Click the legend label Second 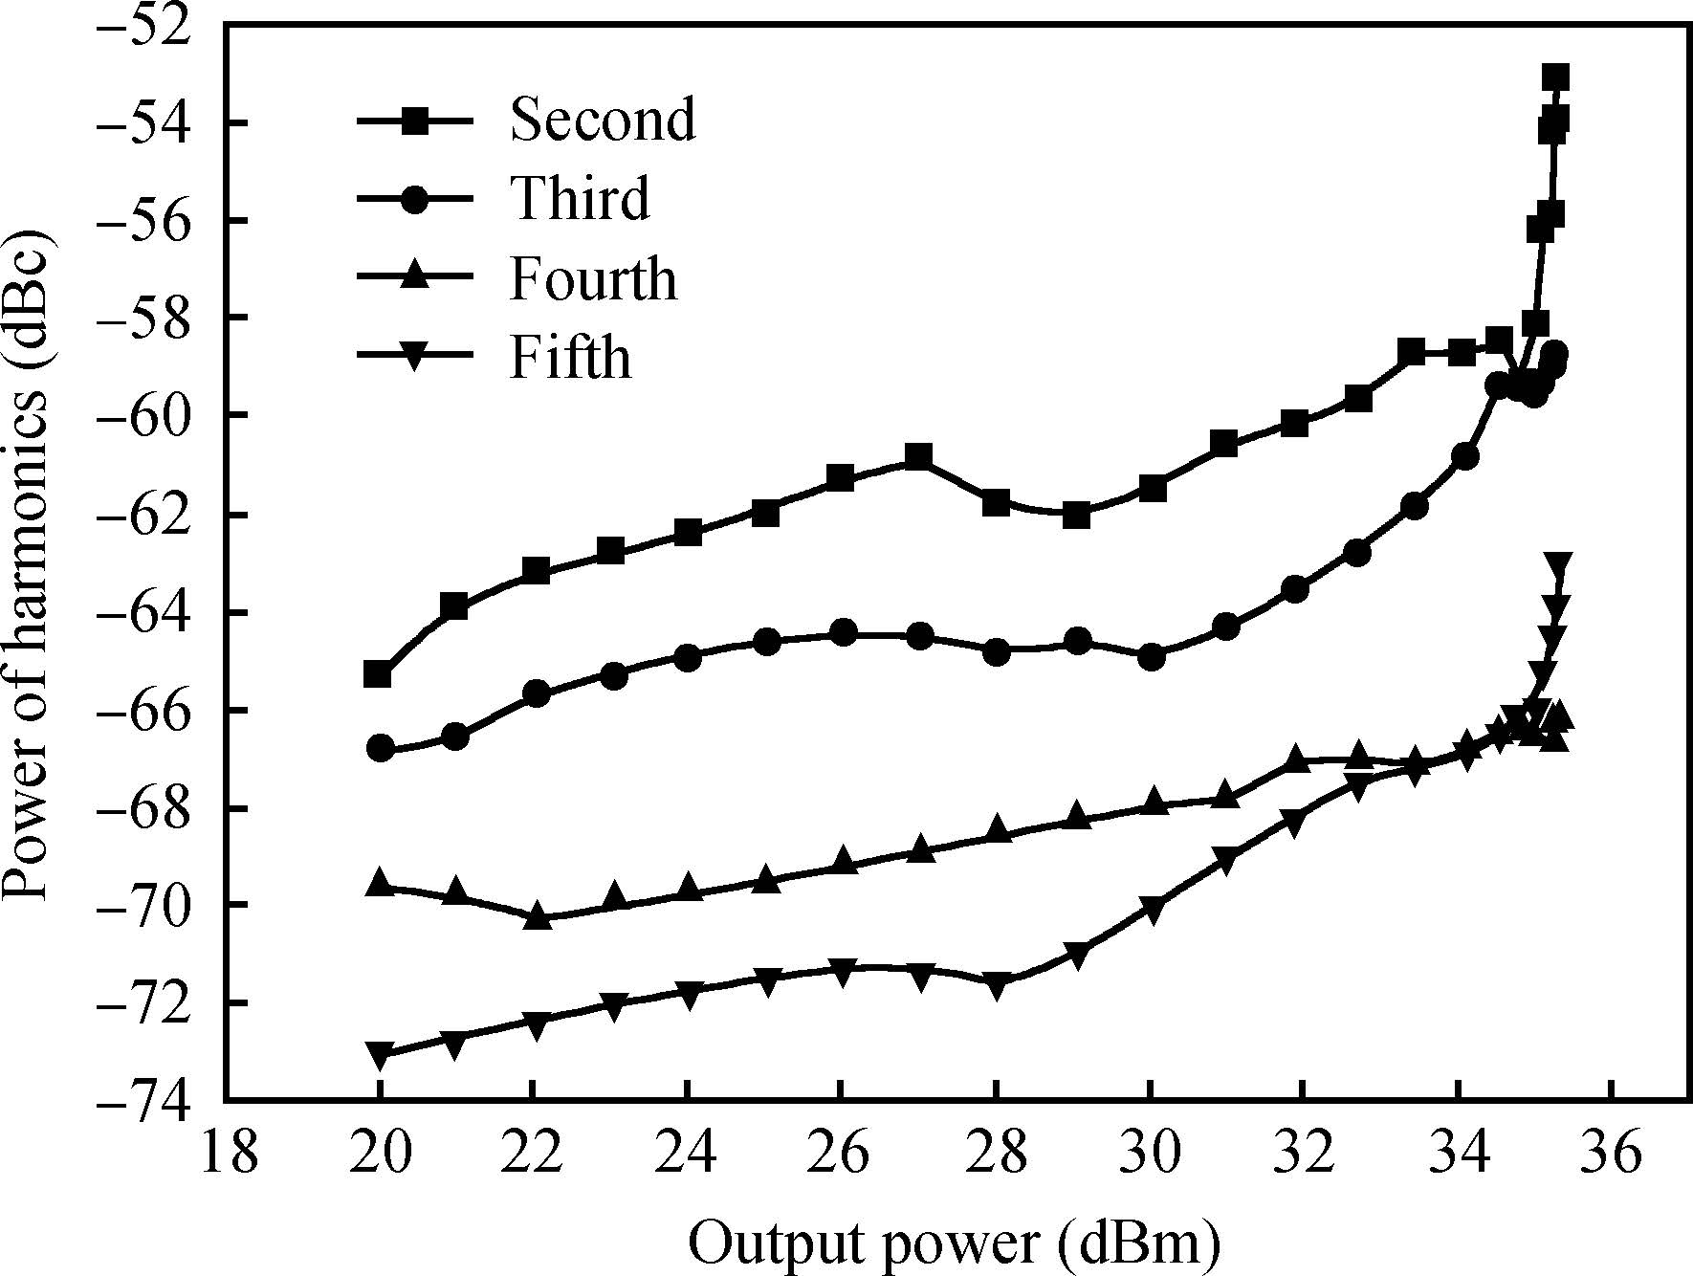(603, 120)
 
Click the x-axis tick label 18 (230, 1154)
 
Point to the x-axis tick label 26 (841, 1154)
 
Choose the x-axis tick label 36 (1613, 1154)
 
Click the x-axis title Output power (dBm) (955, 1243)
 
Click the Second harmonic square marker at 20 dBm (378, 674)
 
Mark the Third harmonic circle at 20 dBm (381, 748)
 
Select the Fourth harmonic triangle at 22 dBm (538, 915)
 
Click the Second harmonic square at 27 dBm (918, 455)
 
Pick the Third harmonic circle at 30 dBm (1152, 657)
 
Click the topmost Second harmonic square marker (1555, 77)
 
